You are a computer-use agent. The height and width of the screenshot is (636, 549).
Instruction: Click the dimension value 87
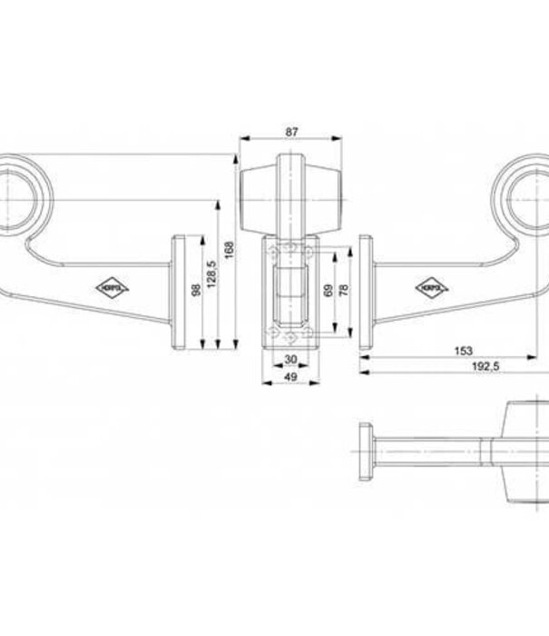[x=291, y=132]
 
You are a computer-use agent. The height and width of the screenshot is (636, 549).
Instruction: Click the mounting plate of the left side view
[x=181, y=292]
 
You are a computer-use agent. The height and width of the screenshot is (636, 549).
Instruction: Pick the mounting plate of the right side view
[x=365, y=292]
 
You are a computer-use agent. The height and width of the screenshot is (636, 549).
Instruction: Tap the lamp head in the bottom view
[x=522, y=450]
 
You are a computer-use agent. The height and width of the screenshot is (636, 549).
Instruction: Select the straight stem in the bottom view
[x=436, y=450]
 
